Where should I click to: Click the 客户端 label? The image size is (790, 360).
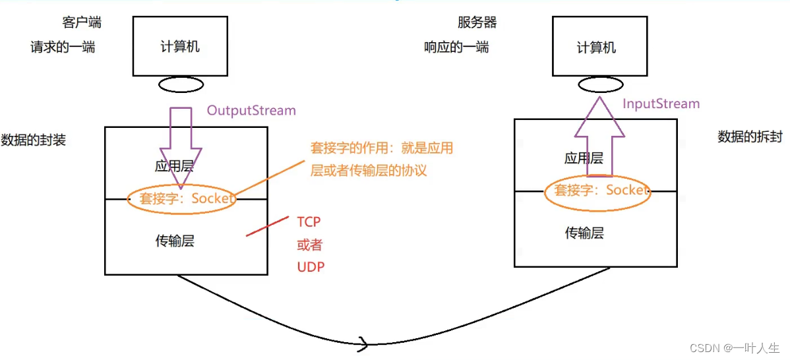(x=82, y=23)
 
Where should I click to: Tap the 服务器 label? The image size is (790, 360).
(x=477, y=23)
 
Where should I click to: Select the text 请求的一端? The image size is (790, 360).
(x=63, y=47)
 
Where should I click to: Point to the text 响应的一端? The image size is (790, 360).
(x=456, y=47)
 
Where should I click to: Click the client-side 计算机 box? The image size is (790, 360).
(x=180, y=46)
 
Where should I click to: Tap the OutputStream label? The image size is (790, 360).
(x=251, y=110)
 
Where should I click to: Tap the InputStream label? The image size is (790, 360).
(x=661, y=104)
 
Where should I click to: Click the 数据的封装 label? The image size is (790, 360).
(x=34, y=140)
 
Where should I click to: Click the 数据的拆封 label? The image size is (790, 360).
(x=750, y=136)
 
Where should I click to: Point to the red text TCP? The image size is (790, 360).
(x=309, y=222)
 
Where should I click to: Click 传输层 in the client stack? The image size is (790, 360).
(x=175, y=241)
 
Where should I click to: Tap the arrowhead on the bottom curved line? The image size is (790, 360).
(x=363, y=343)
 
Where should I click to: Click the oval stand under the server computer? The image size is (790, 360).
(x=600, y=85)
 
